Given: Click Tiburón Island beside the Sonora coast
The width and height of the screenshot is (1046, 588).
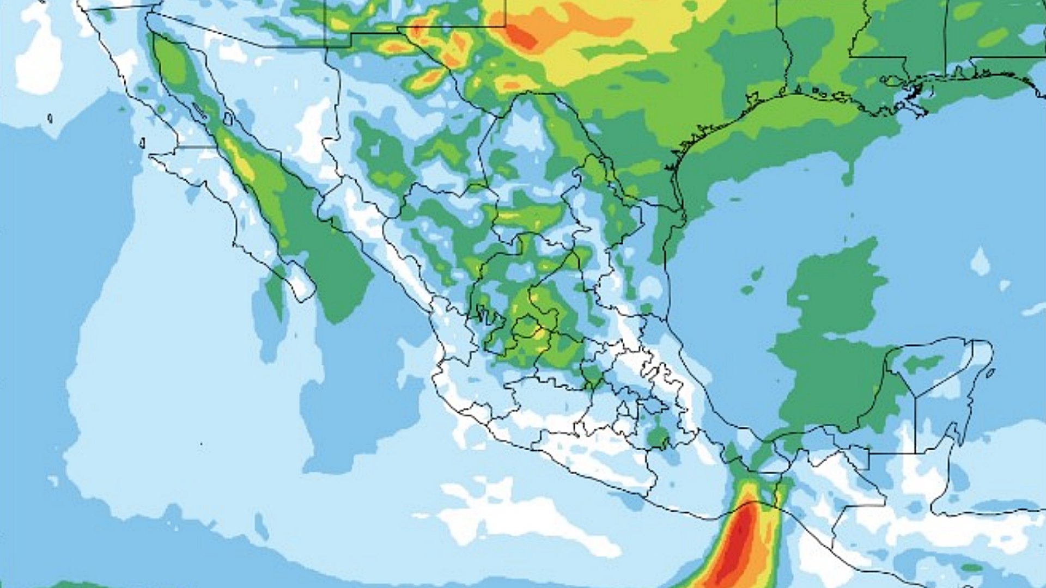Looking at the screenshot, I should [228, 118].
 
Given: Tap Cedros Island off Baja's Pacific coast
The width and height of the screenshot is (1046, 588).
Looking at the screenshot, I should [142, 143].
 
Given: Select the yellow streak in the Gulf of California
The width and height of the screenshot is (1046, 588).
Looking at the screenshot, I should [240, 158].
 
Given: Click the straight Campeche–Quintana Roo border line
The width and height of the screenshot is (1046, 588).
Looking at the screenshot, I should [915, 425].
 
